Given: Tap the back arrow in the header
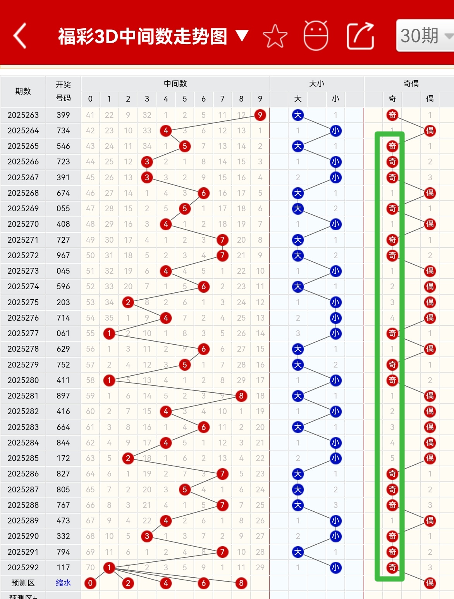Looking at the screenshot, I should [20, 36].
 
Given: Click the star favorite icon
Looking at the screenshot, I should [275, 36].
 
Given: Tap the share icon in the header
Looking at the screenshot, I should [360, 36].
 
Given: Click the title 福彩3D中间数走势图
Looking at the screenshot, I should [143, 36].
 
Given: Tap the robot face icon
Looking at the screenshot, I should [316, 36].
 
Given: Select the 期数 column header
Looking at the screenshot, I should [23, 91].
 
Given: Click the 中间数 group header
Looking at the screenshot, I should [175, 83].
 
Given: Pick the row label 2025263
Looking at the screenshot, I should [23, 115].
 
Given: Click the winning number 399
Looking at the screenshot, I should [63, 115].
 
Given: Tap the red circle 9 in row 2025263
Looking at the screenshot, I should [260, 115].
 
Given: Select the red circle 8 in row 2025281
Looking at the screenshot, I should [241, 396].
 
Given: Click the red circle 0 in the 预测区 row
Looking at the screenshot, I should [90, 583].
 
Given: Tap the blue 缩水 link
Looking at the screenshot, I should [63, 583].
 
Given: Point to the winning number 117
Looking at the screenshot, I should [63, 568].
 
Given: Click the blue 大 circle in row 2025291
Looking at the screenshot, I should [298, 552].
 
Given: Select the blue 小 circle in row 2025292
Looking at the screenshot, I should [335, 568].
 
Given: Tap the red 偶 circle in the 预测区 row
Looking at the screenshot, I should [430, 583].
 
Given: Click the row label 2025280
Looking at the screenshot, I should [23, 380].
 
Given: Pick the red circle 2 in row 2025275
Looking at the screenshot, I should [128, 302].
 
